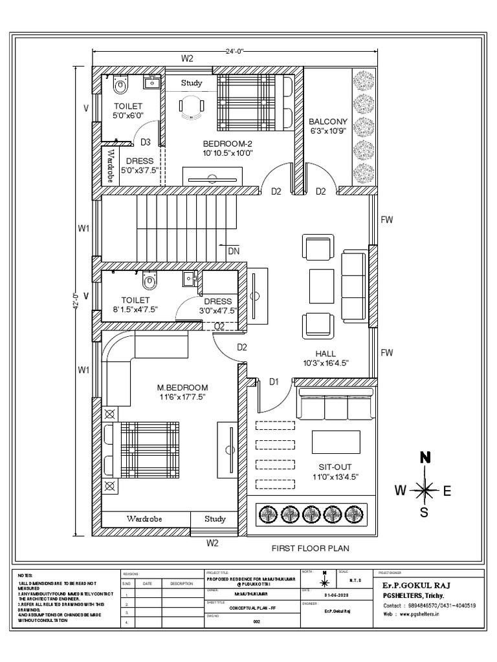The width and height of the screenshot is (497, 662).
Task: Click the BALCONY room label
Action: pos(328,121)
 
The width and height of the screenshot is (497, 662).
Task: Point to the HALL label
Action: pos(327,353)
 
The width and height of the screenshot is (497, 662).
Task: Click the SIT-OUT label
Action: pos(335,466)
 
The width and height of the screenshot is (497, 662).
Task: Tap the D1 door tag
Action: pos(274,382)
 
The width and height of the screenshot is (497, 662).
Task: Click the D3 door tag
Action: pos(146,142)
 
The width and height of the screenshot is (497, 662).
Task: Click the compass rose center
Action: pos(425,490)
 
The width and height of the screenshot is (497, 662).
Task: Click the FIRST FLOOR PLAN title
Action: pos(310,548)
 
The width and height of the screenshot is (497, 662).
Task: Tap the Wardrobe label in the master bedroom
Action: pos(144,519)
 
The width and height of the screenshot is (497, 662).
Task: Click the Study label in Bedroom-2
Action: pos(192,83)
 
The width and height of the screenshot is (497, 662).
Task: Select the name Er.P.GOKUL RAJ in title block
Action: pos(412,585)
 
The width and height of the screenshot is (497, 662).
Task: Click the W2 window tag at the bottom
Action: pos(212,544)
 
